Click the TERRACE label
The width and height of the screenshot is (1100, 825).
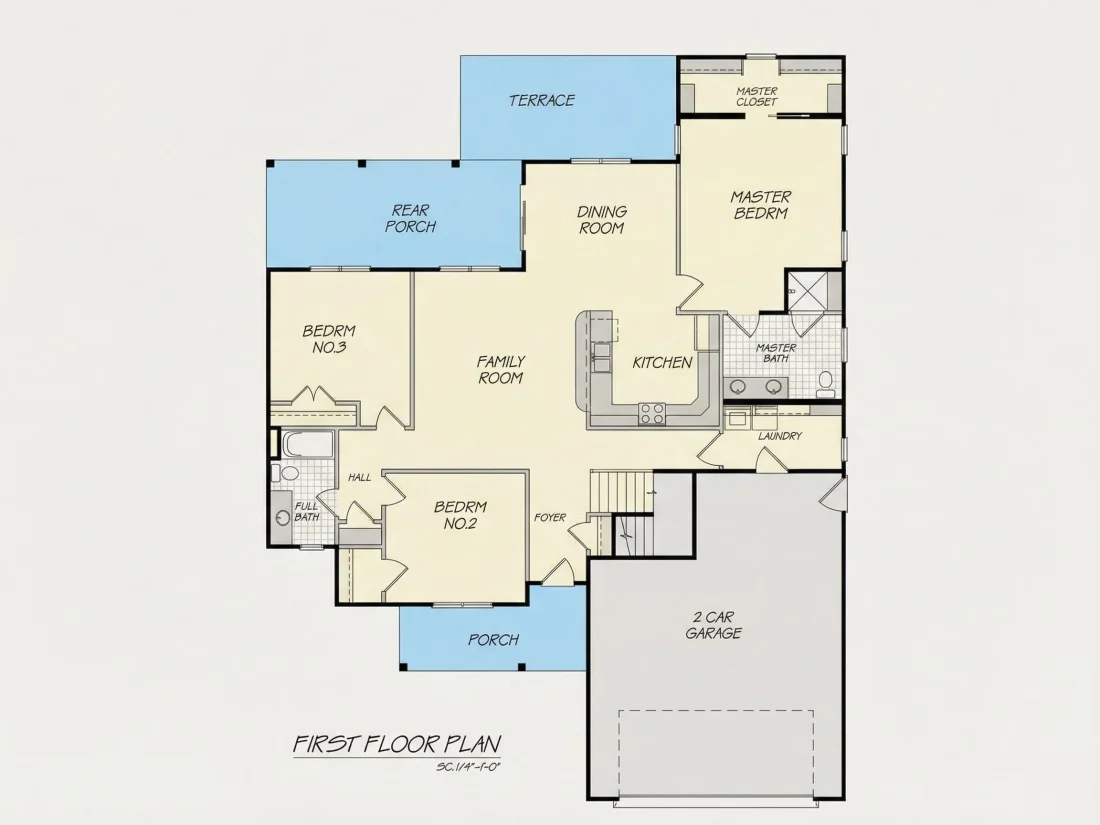(542, 100)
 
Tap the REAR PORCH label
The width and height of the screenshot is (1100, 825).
(411, 218)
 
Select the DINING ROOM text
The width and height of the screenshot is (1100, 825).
(602, 220)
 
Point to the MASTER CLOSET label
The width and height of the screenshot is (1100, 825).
(757, 96)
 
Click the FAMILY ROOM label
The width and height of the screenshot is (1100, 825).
(501, 370)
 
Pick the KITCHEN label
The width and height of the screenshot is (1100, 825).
(662, 363)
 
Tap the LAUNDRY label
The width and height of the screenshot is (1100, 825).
(779, 436)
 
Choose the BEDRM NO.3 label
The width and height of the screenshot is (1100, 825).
(329, 339)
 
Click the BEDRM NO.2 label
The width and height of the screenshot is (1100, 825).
(460, 515)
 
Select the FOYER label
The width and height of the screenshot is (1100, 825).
(550, 518)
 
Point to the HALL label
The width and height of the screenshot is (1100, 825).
(360, 478)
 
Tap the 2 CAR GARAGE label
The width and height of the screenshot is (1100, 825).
(713, 625)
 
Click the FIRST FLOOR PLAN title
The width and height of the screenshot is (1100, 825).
(397, 744)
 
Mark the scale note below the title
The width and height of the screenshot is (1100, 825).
(467, 767)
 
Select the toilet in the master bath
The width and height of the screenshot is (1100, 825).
(826, 383)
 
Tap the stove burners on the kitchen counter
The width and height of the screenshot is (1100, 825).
(652, 413)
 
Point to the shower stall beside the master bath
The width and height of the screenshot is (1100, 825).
(814, 290)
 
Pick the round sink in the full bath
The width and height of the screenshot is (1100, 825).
(283, 518)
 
